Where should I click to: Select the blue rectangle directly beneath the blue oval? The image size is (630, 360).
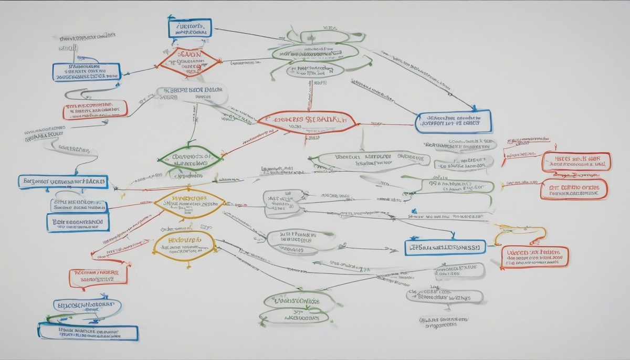click(x=88, y=332)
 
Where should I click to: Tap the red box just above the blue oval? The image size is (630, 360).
click(x=98, y=277)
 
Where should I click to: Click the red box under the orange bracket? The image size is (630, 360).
click(x=534, y=257)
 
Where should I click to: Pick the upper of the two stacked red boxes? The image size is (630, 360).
click(x=576, y=162)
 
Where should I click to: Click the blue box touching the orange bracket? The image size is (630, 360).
click(x=445, y=247)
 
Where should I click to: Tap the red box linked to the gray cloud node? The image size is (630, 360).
click(x=95, y=109)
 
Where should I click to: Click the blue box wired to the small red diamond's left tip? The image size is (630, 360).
click(x=86, y=72)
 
